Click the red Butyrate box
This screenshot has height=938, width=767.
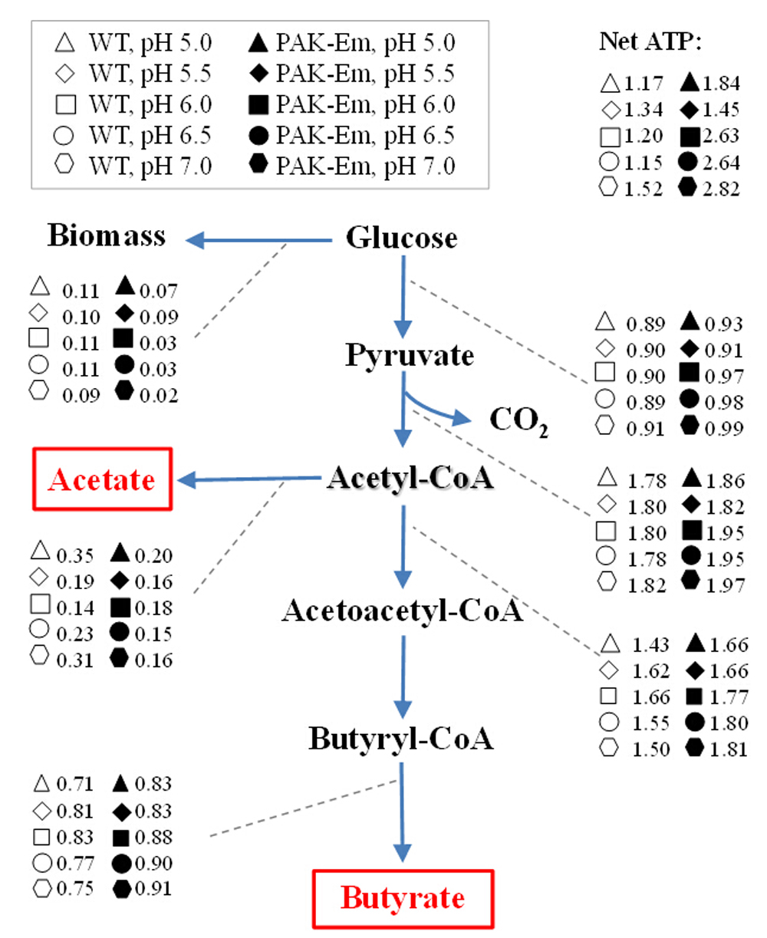coord(403,898)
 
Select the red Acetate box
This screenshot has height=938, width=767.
coord(102,480)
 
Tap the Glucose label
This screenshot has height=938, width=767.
coord(401,238)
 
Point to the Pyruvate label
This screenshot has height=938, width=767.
coord(410,356)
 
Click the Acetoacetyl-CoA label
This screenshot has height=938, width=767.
coord(403,611)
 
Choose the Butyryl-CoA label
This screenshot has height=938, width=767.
coord(401,739)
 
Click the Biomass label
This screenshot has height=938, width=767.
coord(107,235)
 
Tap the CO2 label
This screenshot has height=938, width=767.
coord(518,421)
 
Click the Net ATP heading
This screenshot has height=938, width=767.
coord(650,42)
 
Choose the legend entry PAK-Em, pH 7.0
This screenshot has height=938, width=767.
coord(353,165)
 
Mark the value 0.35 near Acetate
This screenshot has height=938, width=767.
coord(75,556)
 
